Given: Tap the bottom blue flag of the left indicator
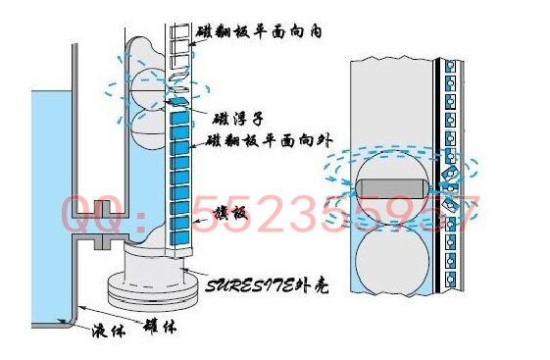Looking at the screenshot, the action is point(180,236).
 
